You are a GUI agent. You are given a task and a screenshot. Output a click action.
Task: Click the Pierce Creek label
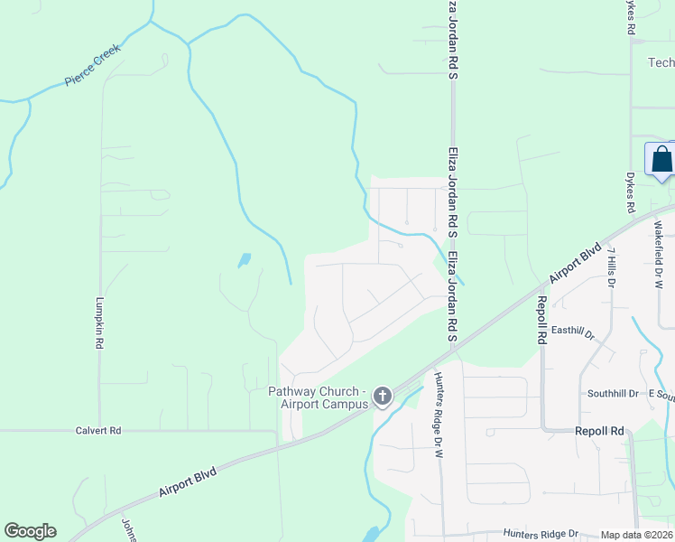click(93, 70)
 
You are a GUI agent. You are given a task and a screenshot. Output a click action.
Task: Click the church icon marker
click(382, 396)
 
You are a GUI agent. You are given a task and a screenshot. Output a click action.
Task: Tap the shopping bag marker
click(661, 159)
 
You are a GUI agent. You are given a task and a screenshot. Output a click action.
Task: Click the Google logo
click(30, 531)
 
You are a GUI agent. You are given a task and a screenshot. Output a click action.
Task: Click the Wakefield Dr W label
click(658, 255)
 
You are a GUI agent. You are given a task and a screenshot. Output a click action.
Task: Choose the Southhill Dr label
click(613, 394)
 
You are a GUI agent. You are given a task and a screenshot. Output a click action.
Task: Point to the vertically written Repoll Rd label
click(541, 320)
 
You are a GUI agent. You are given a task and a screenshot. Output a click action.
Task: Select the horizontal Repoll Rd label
click(599, 432)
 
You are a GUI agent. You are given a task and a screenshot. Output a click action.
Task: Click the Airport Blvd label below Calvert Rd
click(187, 481)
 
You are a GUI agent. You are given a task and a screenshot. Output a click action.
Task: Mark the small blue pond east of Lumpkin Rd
click(244, 260)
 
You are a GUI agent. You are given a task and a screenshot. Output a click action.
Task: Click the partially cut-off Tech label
click(661, 62)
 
